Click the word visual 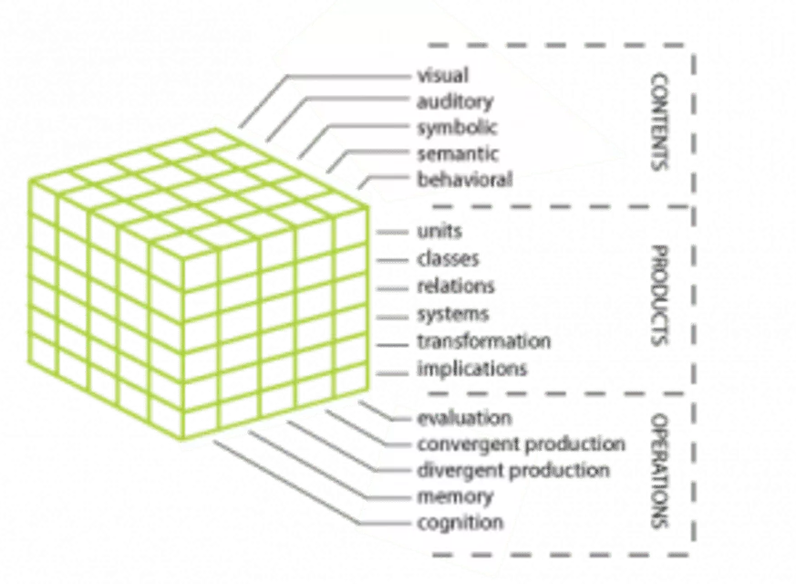point(442,76)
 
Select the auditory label point(454,101)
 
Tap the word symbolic point(457,128)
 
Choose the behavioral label point(464,179)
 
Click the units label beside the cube point(439,233)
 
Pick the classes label point(447,259)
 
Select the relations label point(456,287)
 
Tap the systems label point(452,314)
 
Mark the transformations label point(483,342)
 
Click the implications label point(472,370)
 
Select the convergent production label point(522,445)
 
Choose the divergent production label point(513,471)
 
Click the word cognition point(460,523)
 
